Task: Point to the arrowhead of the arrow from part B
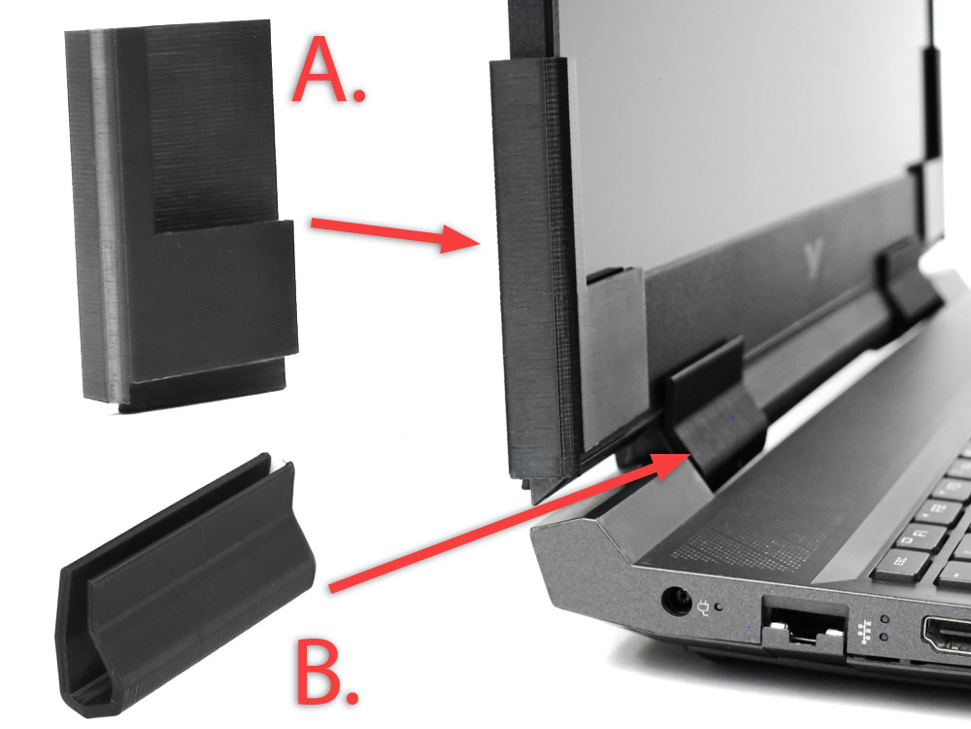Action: pos(672,463)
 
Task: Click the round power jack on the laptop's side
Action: pos(676,600)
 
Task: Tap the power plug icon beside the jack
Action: pos(703,607)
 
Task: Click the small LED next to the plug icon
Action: pos(719,607)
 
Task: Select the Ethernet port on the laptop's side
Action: pos(804,626)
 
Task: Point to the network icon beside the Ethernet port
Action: pos(864,630)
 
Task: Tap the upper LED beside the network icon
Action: pos(885,618)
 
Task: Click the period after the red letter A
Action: pos(358,94)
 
